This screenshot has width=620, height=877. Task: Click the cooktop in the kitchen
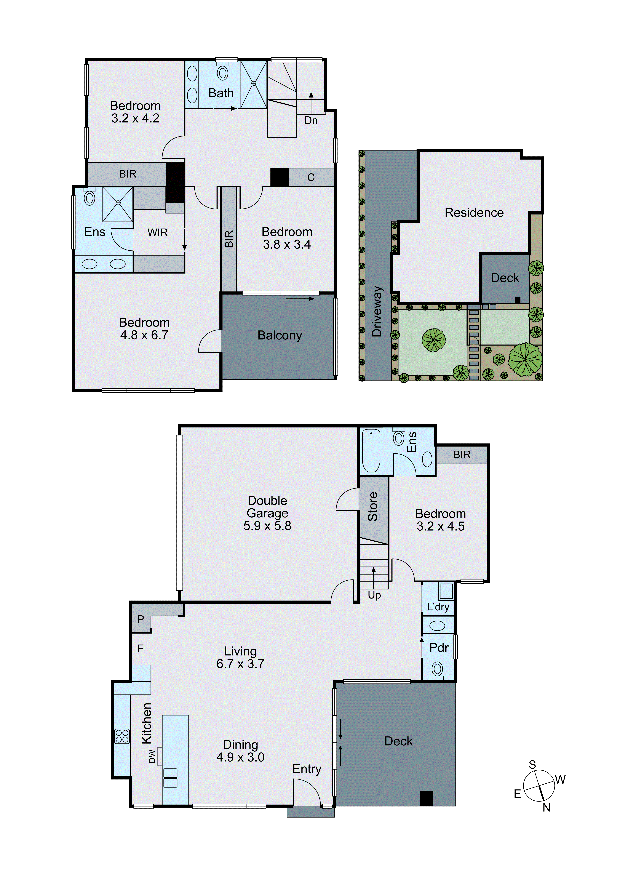[x=122, y=736]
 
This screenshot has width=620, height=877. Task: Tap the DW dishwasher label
[x=152, y=756]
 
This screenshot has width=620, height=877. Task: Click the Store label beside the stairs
[x=373, y=506]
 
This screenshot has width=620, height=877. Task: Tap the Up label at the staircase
[x=374, y=595]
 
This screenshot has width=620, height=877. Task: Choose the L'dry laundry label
[x=438, y=607]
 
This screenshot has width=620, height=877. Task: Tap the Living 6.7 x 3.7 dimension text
[x=240, y=663]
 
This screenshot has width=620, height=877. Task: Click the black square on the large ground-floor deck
[x=426, y=798]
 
